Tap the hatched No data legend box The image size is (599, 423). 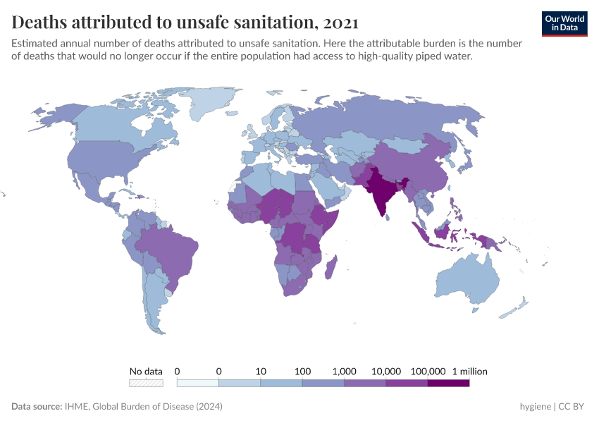pos(146,383)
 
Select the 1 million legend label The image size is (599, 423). pos(469,371)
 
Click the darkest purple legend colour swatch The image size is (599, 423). pos(448,383)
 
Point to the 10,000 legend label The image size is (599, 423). pos(386,371)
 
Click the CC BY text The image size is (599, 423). pos(574,407)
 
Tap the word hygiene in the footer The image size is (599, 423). pos(535,407)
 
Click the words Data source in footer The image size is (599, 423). pos(36,407)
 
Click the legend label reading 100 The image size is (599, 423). pos(303,371)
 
